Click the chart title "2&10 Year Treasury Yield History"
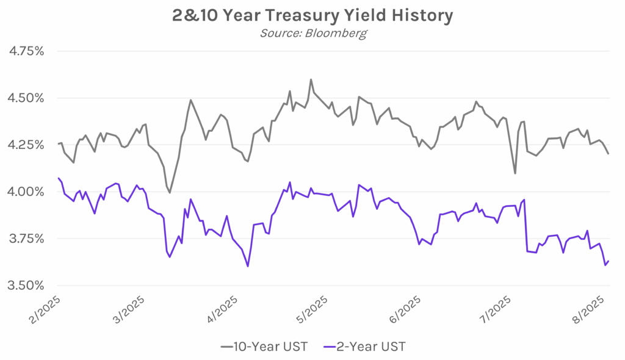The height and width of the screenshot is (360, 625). click(312, 15)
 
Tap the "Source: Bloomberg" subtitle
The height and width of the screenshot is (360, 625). click(313, 33)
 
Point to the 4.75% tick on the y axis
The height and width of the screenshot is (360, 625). click(26, 51)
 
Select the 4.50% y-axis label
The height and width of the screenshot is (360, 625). click(26, 98)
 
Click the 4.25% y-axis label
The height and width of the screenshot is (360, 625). click(26, 145)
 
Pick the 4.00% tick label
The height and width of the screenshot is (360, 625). click(26, 192)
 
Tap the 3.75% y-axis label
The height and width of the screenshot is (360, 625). click(26, 239)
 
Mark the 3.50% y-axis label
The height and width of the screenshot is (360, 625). click(26, 286)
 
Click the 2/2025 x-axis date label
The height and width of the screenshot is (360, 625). click(45, 310)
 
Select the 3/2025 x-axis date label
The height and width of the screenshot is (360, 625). click(129, 310)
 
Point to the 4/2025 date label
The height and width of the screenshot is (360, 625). click(222, 310)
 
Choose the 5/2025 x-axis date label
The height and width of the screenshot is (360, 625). click(312, 310)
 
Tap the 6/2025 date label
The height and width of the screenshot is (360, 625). click(405, 310)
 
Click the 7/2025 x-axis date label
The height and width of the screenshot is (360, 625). click(494, 310)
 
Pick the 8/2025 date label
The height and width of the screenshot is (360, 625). click(587, 310)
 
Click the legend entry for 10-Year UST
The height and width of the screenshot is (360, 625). click(264, 347)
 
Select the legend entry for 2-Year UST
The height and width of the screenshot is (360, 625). click(365, 347)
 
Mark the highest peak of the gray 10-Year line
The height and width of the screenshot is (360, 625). click(311, 80)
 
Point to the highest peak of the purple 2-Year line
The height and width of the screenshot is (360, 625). click(290, 182)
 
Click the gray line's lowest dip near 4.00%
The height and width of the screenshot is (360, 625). click(170, 193)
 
